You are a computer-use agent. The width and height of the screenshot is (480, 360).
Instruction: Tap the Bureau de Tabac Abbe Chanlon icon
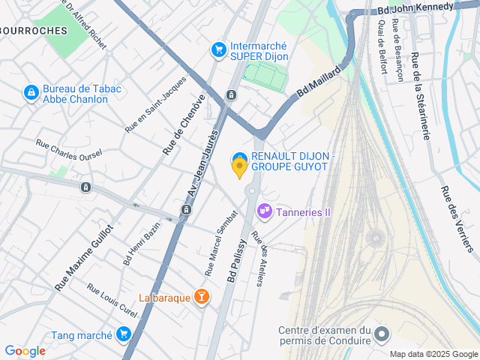(31, 93)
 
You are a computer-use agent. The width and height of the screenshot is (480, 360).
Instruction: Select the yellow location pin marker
(239, 169)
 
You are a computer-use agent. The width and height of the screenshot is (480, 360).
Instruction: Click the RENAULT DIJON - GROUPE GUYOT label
(289, 160)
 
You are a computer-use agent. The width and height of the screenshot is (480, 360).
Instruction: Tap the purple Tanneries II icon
(263, 212)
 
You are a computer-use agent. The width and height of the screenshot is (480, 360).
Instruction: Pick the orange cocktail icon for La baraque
(201, 298)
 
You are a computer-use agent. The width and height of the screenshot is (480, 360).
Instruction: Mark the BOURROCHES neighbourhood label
(33, 31)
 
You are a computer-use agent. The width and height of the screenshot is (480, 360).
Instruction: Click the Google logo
(25, 350)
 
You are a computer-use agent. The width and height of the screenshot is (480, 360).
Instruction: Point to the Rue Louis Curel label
(112, 300)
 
